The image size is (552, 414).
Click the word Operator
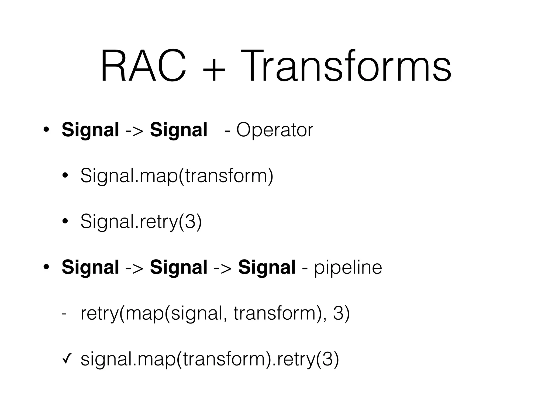pos(275,130)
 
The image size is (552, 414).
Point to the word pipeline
pos(348,268)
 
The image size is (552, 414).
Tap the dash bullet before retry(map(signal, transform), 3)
pos(64,314)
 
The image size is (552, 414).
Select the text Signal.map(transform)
pos(177,176)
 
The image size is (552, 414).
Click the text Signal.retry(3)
pos(141,222)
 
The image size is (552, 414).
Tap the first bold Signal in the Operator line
pos(90,130)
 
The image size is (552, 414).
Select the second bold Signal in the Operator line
pos(179,130)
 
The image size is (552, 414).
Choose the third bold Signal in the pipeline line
pos(267,268)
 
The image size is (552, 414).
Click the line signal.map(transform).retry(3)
pos(209,359)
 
